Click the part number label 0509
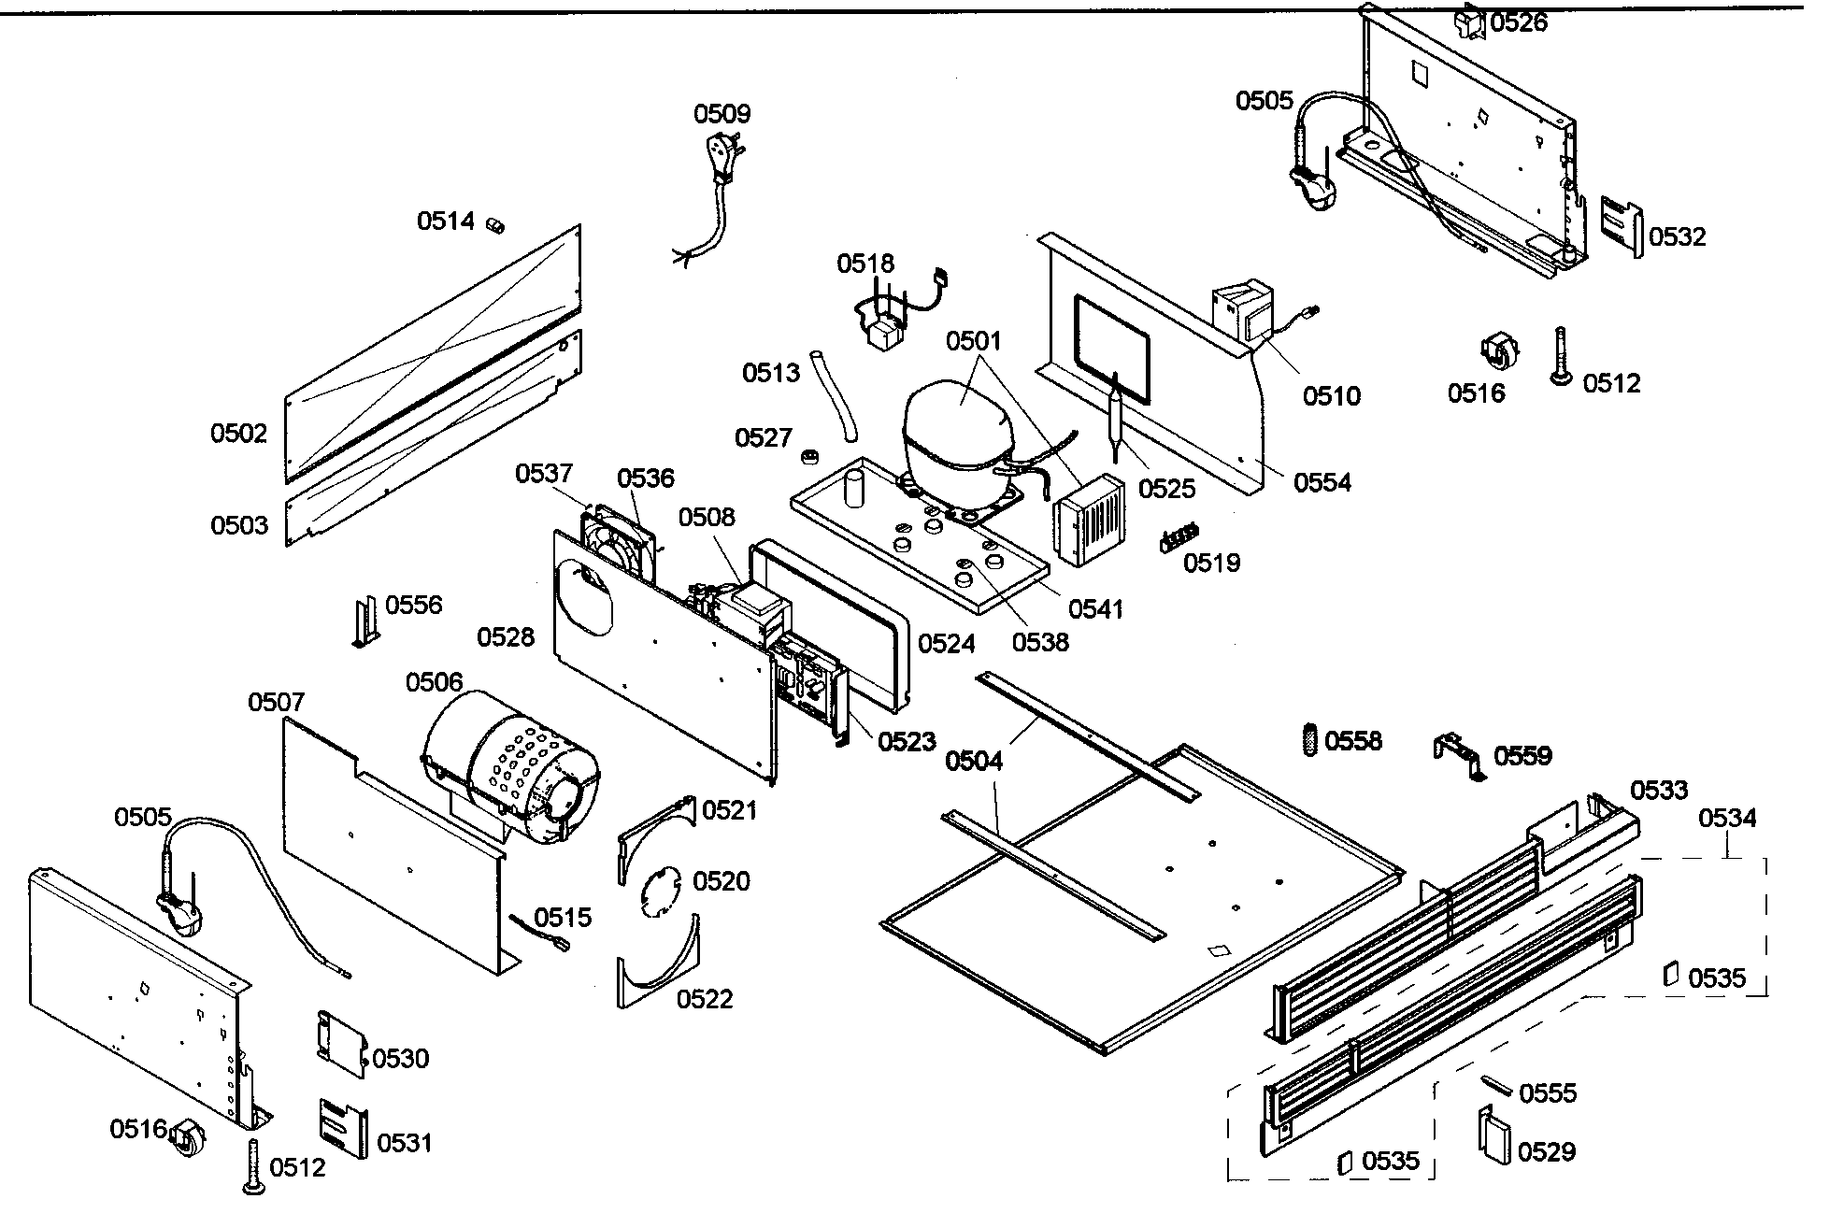click(x=722, y=114)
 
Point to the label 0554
click(x=1322, y=483)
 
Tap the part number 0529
click(x=1547, y=1151)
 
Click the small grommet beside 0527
click(x=810, y=456)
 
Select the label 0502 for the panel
click(x=238, y=434)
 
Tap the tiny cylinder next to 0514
click(x=494, y=224)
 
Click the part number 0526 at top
click(x=1519, y=22)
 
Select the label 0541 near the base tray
click(x=1095, y=609)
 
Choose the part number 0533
click(x=1659, y=791)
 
